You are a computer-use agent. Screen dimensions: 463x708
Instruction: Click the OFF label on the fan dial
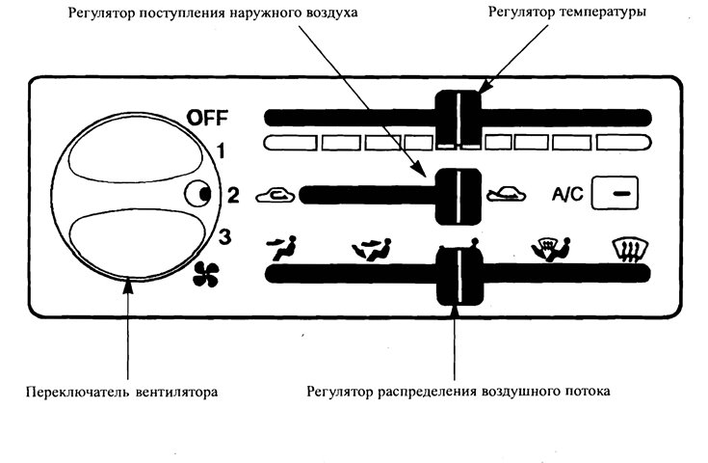point(207,120)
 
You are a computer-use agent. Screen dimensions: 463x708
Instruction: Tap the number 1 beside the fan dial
point(221,150)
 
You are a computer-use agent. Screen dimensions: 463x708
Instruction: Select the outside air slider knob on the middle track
point(457,194)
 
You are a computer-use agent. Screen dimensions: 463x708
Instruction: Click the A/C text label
point(565,194)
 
